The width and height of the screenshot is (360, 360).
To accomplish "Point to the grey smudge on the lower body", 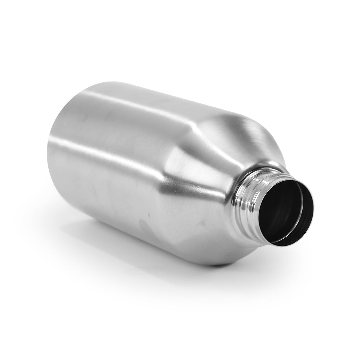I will point(146,226).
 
